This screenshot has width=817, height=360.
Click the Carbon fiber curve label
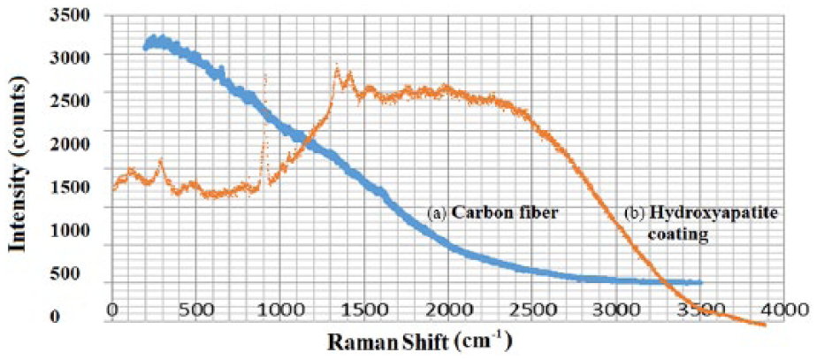(489, 213)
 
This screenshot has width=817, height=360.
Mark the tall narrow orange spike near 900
(264, 78)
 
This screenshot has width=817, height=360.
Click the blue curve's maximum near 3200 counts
(157, 39)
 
